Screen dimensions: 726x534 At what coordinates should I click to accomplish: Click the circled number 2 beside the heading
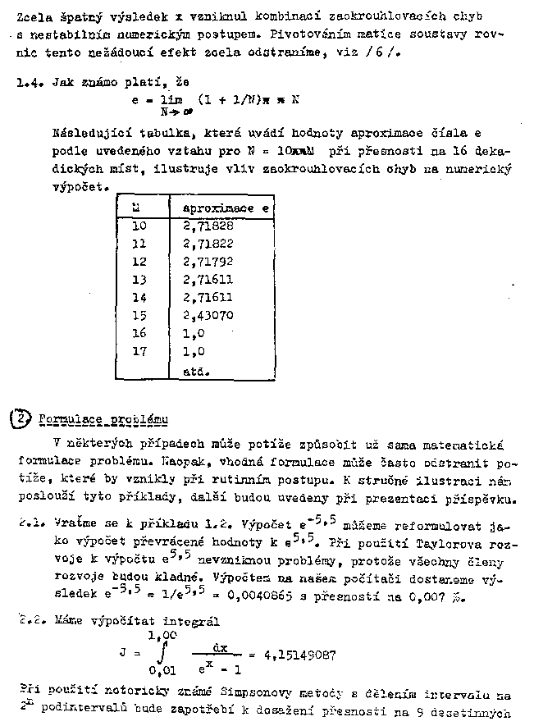pyautogui.click(x=18, y=418)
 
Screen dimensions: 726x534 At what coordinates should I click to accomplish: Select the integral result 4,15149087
pyautogui.click(x=299, y=655)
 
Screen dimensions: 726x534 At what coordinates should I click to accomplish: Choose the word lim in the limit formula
pyautogui.click(x=168, y=99)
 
